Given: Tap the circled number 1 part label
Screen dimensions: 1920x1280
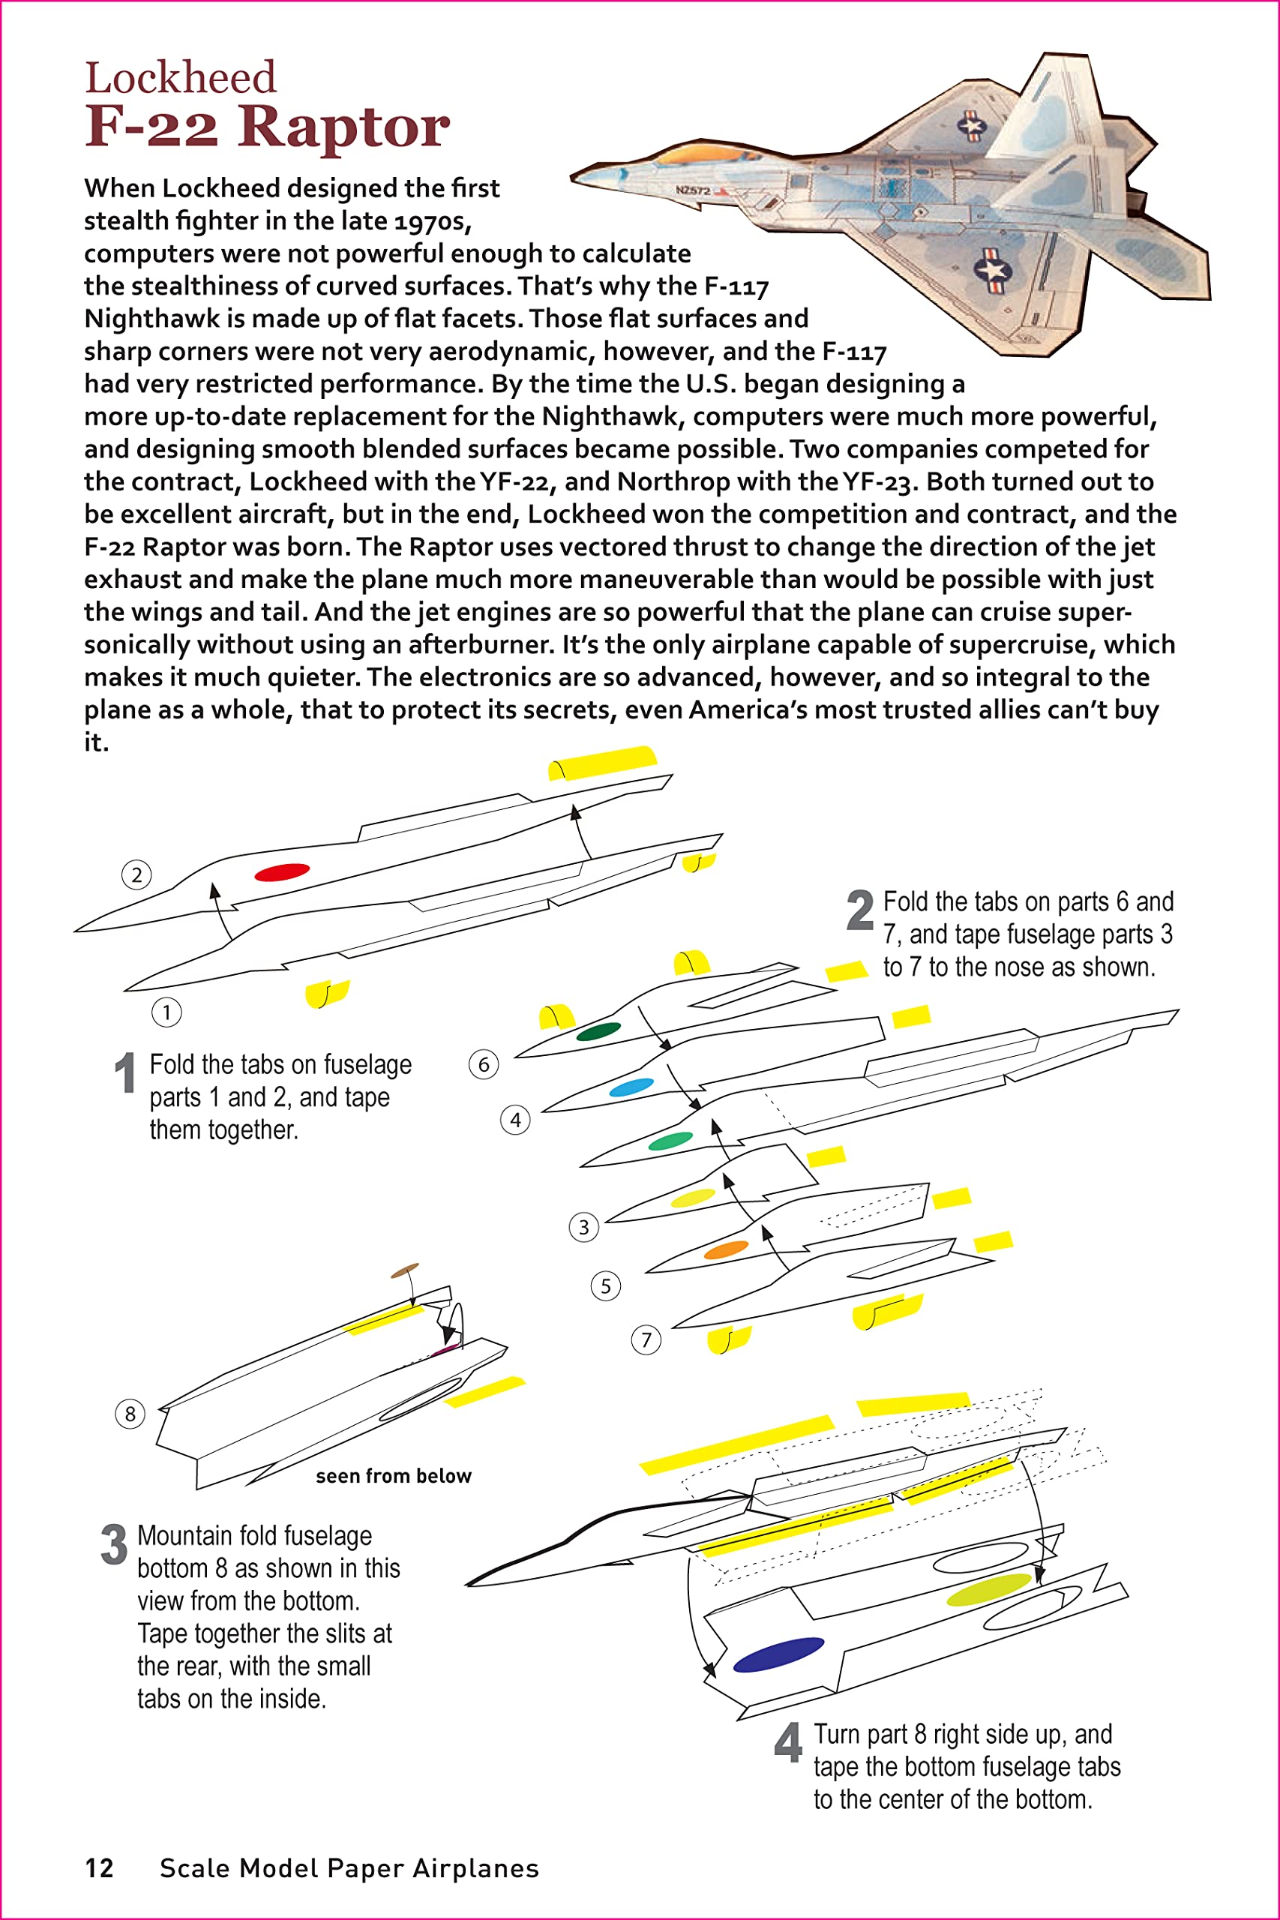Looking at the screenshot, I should (166, 1013).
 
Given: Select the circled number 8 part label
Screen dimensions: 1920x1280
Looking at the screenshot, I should (130, 1414).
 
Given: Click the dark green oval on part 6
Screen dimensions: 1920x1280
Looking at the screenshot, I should (598, 1031).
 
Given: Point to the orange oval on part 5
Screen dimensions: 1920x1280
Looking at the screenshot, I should (726, 1249).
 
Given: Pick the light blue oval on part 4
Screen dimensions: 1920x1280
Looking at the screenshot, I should (631, 1087).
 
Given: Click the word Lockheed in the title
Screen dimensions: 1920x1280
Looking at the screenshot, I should (181, 78).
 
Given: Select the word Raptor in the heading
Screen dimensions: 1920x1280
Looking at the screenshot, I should (343, 127).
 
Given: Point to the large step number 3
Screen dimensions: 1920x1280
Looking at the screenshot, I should (113, 1544).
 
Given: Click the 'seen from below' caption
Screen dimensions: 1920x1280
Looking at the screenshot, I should (394, 1476).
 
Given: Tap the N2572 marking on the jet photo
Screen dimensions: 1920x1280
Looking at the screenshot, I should (692, 190).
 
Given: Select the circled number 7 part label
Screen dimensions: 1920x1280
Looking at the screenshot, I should (646, 1339).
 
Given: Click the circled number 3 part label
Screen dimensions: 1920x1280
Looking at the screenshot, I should (583, 1227).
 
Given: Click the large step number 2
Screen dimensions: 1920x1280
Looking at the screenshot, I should (859, 910).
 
